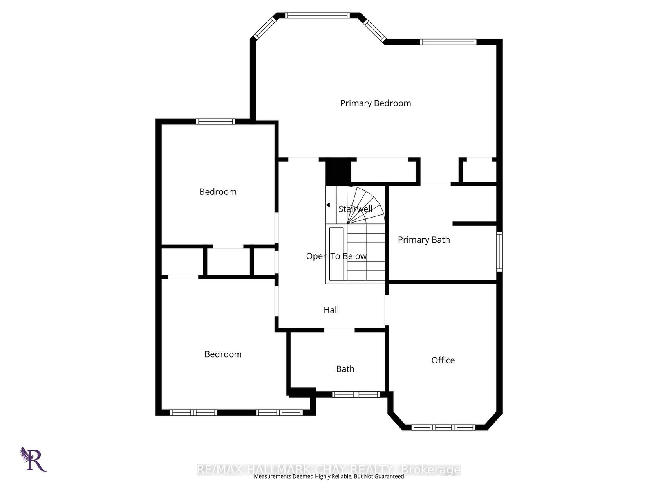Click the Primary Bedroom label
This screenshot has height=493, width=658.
[375, 103]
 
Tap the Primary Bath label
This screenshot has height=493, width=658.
[423, 240]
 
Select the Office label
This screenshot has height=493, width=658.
[443, 360]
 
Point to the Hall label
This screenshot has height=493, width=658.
[331, 310]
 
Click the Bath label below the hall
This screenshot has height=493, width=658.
[345, 369]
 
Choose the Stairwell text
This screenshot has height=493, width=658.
[355, 209]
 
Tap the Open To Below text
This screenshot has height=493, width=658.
[336, 256]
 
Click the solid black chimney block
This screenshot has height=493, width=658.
[338, 171]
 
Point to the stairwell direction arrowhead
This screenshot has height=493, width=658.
[328, 205]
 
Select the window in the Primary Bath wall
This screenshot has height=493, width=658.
[499, 252]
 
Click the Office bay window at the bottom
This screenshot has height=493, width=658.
[443, 427]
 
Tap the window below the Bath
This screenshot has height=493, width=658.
[356, 394]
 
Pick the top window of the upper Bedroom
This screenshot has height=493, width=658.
[215, 121]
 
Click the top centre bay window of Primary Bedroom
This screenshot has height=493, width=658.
[317, 15]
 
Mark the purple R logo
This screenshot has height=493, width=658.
[33, 459]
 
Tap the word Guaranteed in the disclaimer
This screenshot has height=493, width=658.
[389, 476]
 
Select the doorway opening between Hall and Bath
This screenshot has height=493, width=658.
[339, 330]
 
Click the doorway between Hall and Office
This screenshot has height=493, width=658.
[387, 310]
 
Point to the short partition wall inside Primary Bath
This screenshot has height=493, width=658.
[475, 223]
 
